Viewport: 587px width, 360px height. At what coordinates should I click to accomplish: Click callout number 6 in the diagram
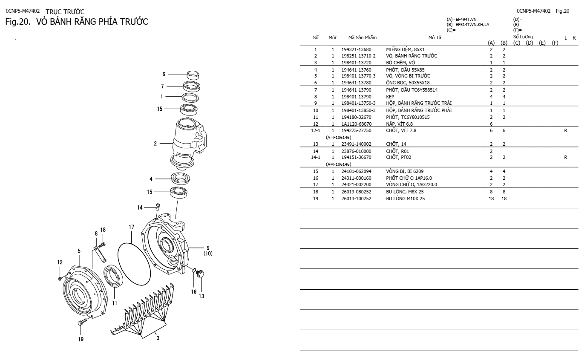[x=164, y=74]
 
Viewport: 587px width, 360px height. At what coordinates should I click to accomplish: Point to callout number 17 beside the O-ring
[x=132, y=228]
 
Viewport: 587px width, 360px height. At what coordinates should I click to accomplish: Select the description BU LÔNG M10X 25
[x=405, y=199]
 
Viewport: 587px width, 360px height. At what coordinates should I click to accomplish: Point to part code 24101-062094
[x=356, y=171]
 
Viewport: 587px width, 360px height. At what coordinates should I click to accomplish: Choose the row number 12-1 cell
[x=316, y=130]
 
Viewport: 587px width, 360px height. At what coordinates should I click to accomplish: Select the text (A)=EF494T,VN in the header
[x=461, y=19]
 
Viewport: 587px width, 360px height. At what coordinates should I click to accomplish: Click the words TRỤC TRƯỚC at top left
[x=65, y=11]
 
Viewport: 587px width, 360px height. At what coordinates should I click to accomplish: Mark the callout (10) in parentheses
[x=208, y=253]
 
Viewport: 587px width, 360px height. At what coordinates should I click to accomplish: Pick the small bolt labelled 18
[x=102, y=245]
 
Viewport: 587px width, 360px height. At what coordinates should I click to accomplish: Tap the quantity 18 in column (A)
[x=491, y=199]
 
